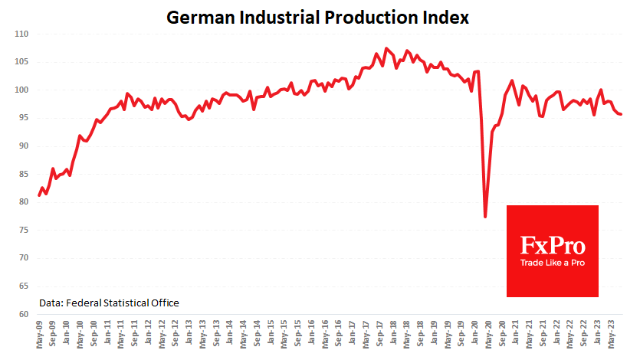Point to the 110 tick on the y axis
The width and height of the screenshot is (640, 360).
point(21,34)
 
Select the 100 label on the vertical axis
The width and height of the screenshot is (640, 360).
point(21,90)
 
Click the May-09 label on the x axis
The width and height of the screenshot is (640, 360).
point(39,334)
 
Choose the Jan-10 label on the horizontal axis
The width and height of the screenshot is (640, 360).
point(67,334)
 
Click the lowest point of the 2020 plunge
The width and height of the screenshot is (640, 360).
point(485,217)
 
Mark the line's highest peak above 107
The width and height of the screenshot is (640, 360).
point(386,49)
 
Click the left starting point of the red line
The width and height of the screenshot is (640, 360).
point(39,195)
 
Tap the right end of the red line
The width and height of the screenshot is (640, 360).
point(621,114)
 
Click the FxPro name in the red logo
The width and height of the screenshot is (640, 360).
point(553,246)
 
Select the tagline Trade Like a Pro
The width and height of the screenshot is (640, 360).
point(553,263)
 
